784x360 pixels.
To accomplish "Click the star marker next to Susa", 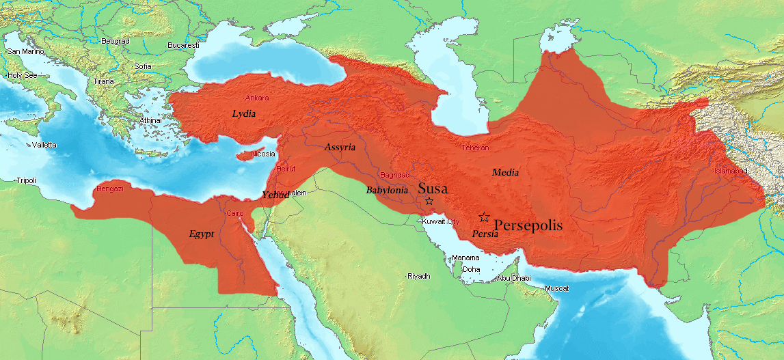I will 429,201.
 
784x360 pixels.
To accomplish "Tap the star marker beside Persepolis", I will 484,217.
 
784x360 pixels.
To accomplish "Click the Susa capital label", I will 433,188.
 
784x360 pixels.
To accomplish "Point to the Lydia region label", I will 243,113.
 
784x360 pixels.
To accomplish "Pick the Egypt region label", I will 202,234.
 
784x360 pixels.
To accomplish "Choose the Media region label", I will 505,172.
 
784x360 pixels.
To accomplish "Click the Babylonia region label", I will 387,190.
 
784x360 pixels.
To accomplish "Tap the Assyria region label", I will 340,147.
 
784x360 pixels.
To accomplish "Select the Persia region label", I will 485,234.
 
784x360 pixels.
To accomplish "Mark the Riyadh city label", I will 418,276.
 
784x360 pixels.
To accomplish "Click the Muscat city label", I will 556,288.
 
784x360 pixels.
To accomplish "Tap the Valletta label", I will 44,145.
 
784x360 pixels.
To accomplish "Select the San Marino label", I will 25,51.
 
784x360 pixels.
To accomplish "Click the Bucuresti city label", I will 183,45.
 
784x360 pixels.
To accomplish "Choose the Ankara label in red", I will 257,98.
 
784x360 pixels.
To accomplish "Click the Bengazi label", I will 109,189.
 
